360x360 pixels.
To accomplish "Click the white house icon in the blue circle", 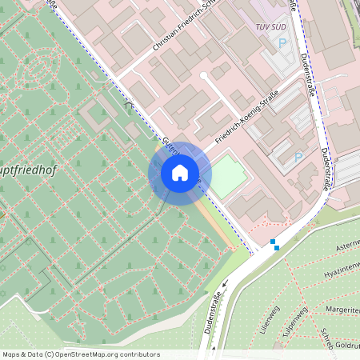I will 179,173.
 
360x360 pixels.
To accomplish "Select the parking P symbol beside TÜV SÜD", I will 282,42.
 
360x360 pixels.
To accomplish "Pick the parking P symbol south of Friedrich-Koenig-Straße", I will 298,158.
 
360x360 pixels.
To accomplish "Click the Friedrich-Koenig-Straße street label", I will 246,117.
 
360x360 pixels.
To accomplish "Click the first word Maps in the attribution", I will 11,354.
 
